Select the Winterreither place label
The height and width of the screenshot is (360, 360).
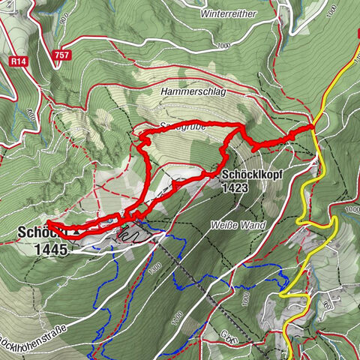pyautogui.click(x=229, y=13)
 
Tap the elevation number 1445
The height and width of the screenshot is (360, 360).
pyautogui.click(x=50, y=249)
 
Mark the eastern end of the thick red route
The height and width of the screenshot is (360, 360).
pyautogui.click(x=310, y=128)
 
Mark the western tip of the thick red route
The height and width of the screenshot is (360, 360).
pyautogui.click(x=49, y=223)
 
